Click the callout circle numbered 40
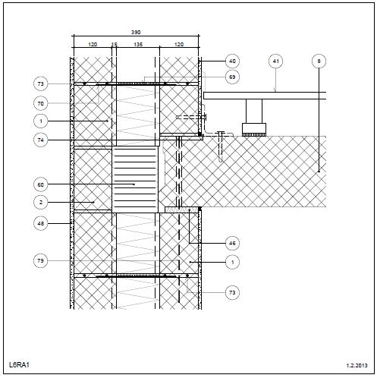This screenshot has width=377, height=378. tap(232, 61)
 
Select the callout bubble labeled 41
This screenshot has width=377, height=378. tap(275, 61)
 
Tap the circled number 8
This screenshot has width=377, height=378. tap(319, 61)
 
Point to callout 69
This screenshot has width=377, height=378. tap(232, 77)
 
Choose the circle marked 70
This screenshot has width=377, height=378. tap(40, 103)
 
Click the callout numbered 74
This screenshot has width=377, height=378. tap(40, 140)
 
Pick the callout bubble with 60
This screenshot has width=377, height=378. tap(40, 184)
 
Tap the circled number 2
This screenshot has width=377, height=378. tap(40, 203)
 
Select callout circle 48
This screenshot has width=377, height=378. tap(40, 224)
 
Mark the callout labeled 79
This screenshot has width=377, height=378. tap(40, 260)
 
